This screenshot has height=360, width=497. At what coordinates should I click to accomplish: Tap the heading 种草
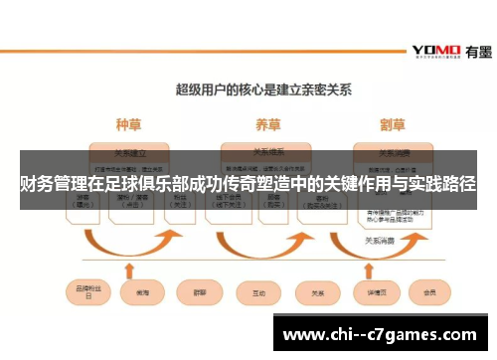click(128, 125)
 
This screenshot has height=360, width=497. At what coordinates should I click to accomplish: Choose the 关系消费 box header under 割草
click(397, 153)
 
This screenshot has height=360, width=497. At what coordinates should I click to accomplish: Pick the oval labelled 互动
click(259, 293)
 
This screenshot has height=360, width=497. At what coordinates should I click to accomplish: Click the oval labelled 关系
click(318, 293)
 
